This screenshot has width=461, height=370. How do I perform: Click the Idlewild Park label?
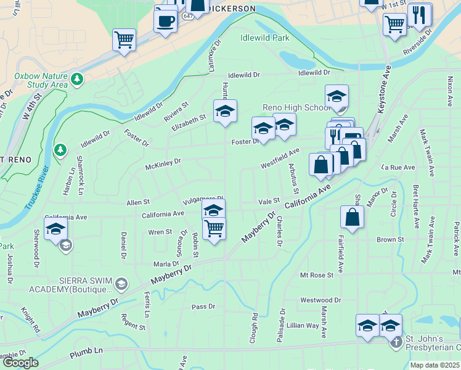(x=264, y=38)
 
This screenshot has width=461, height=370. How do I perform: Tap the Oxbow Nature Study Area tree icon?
(x=77, y=79)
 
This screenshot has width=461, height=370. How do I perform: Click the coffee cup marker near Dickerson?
(x=165, y=20)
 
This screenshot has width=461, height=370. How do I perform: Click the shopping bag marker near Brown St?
(x=351, y=217)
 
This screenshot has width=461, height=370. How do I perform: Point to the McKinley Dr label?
(x=163, y=163)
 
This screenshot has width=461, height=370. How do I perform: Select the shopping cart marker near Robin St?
(x=214, y=228)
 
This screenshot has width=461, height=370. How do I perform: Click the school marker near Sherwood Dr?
(x=55, y=228)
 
